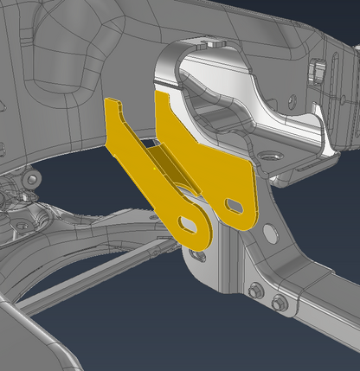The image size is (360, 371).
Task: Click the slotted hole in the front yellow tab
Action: click(188, 224)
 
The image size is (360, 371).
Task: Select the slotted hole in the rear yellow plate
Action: click(235, 205)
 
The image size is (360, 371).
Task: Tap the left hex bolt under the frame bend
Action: click(256, 291)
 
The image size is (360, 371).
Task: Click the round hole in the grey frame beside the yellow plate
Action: click(271, 232)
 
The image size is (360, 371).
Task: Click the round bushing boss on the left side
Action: click(32, 179)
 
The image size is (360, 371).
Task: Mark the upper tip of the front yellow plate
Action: click(112, 102)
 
